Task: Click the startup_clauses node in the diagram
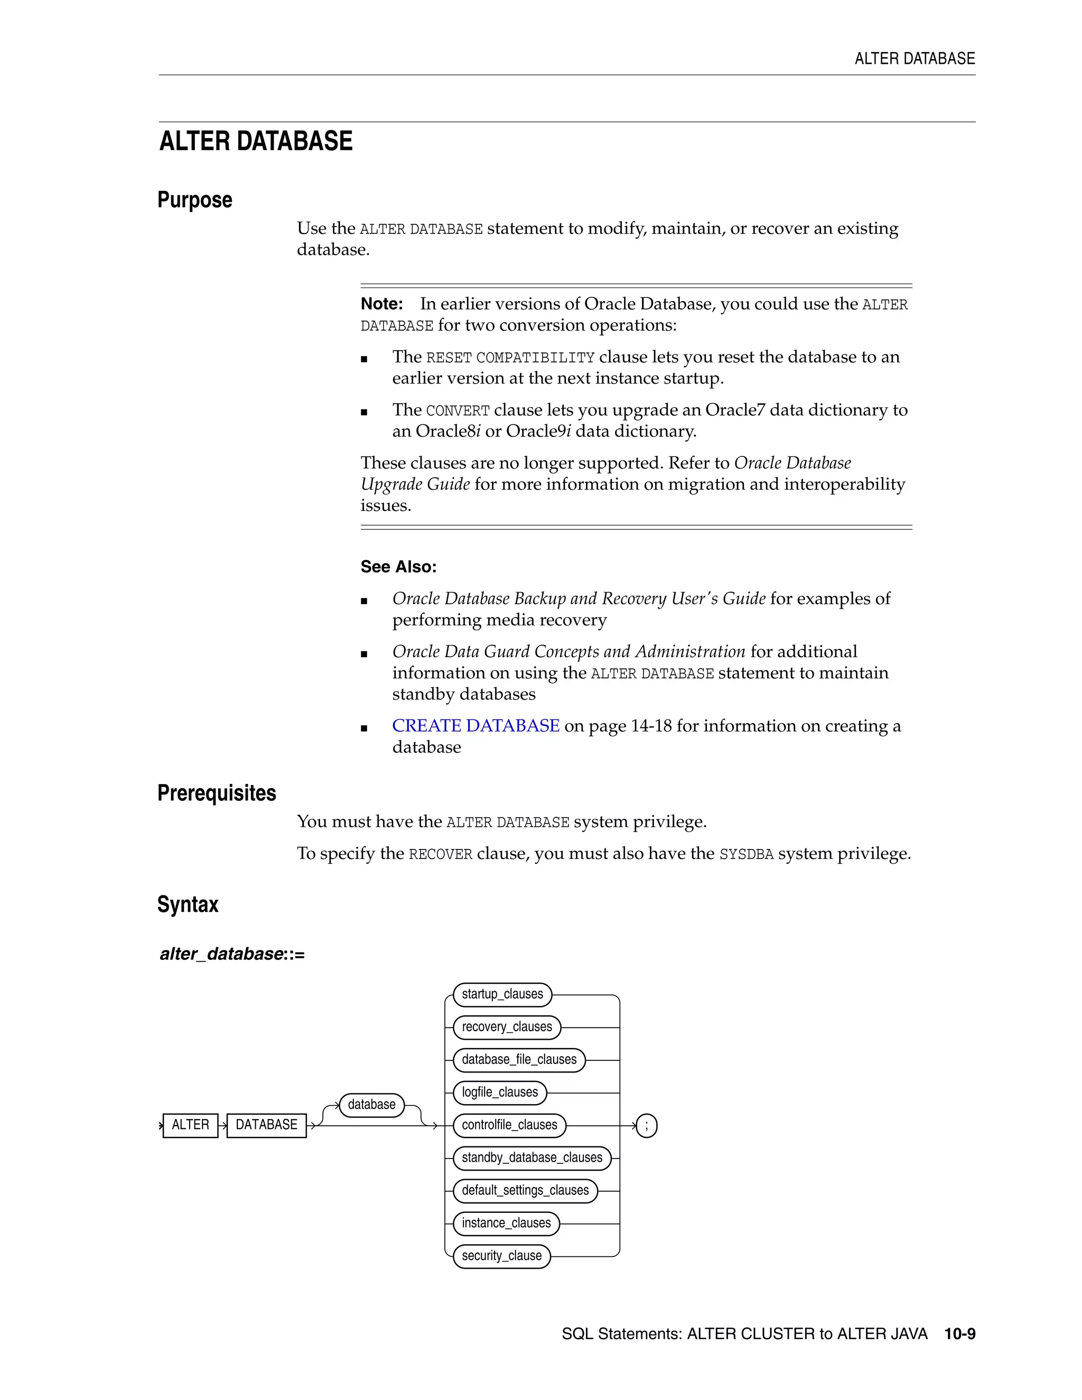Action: click(x=502, y=994)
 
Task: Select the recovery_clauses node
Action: click(x=506, y=1027)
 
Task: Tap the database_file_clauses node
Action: click(x=519, y=1060)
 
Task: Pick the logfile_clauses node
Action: click(x=499, y=1093)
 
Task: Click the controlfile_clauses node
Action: click(x=509, y=1125)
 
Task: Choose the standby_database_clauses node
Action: click(x=531, y=1158)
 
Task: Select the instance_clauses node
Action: click(x=506, y=1223)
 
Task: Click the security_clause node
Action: click(x=501, y=1256)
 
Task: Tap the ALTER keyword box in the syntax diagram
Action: click(x=190, y=1125)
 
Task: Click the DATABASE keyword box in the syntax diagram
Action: click(x=267, y=1125)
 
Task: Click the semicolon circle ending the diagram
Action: click(x=646, y=1126)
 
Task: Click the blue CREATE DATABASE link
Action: click(x=475, y=726)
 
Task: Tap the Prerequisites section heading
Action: click(x=217, y=793)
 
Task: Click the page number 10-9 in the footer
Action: click(x=959, y=1334)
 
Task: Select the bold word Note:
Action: click(x=381, y=304)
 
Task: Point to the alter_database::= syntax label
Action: click(x=232, y=954)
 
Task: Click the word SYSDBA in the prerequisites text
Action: click(x=746, y=854)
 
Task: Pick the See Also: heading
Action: click(x=398, y=567)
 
